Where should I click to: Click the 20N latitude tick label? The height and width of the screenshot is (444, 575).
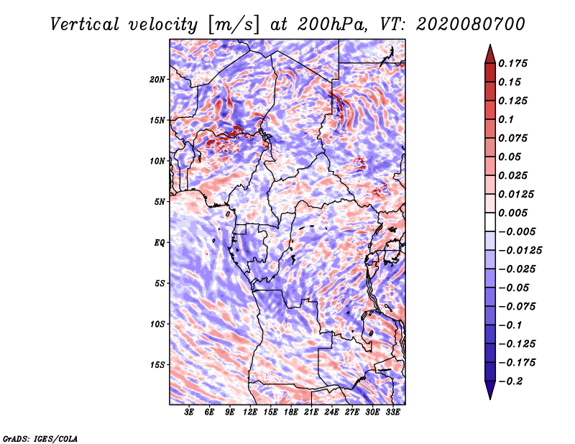click(157, 80)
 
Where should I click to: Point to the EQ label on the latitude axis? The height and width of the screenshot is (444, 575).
click(159, 243)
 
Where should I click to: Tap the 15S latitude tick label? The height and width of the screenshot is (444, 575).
click(157, 365)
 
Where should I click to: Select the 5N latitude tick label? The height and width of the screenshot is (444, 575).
click(160, 202)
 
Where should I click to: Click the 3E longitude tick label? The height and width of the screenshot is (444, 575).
click(189, 412)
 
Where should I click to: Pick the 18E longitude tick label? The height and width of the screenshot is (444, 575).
click(291, 412)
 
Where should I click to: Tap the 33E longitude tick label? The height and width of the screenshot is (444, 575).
click(392, 412)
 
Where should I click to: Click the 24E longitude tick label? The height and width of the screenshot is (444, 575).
click(331, 412)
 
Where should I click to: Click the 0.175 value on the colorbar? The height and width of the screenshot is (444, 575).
click(512, 63)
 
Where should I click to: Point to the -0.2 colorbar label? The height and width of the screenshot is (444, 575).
click(511, 381)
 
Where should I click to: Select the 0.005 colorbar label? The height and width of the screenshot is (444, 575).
click(512, 213)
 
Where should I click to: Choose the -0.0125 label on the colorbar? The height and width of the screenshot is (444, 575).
click(520, 251)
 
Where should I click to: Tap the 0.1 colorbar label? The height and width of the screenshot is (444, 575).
click(506, 119)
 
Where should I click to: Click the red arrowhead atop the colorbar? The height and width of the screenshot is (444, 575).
click(490, 54)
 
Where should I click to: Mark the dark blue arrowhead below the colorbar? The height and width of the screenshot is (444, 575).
click(490, 390)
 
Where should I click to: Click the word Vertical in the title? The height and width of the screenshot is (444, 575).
click(85, 24)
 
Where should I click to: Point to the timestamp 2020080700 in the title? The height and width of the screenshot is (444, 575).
click(471, 24)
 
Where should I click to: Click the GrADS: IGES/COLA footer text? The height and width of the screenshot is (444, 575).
click(40, 439)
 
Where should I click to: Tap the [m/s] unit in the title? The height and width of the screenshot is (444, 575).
click(234, 24)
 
